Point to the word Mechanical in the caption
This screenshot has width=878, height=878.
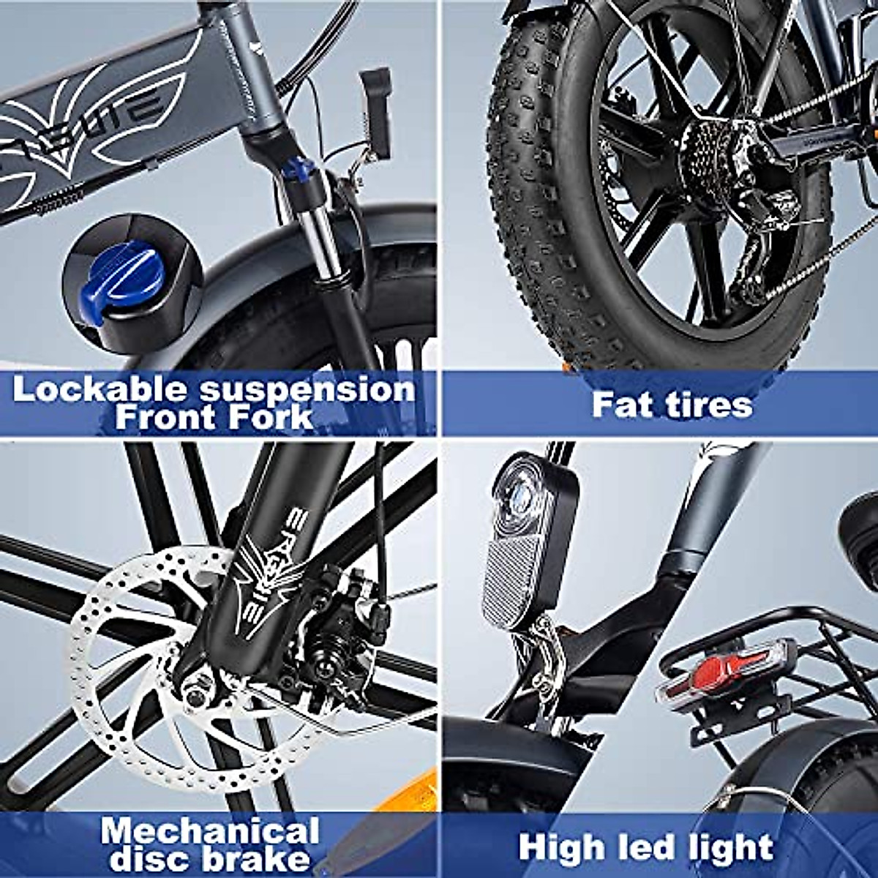pyautogui.click(x=210, y=832)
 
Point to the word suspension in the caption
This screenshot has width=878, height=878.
pyautogui.click(x=307, y=390)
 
